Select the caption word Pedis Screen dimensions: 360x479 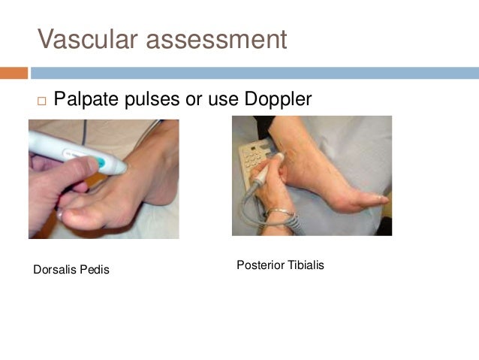[95, 269]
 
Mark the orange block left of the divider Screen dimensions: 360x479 [14, 73]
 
